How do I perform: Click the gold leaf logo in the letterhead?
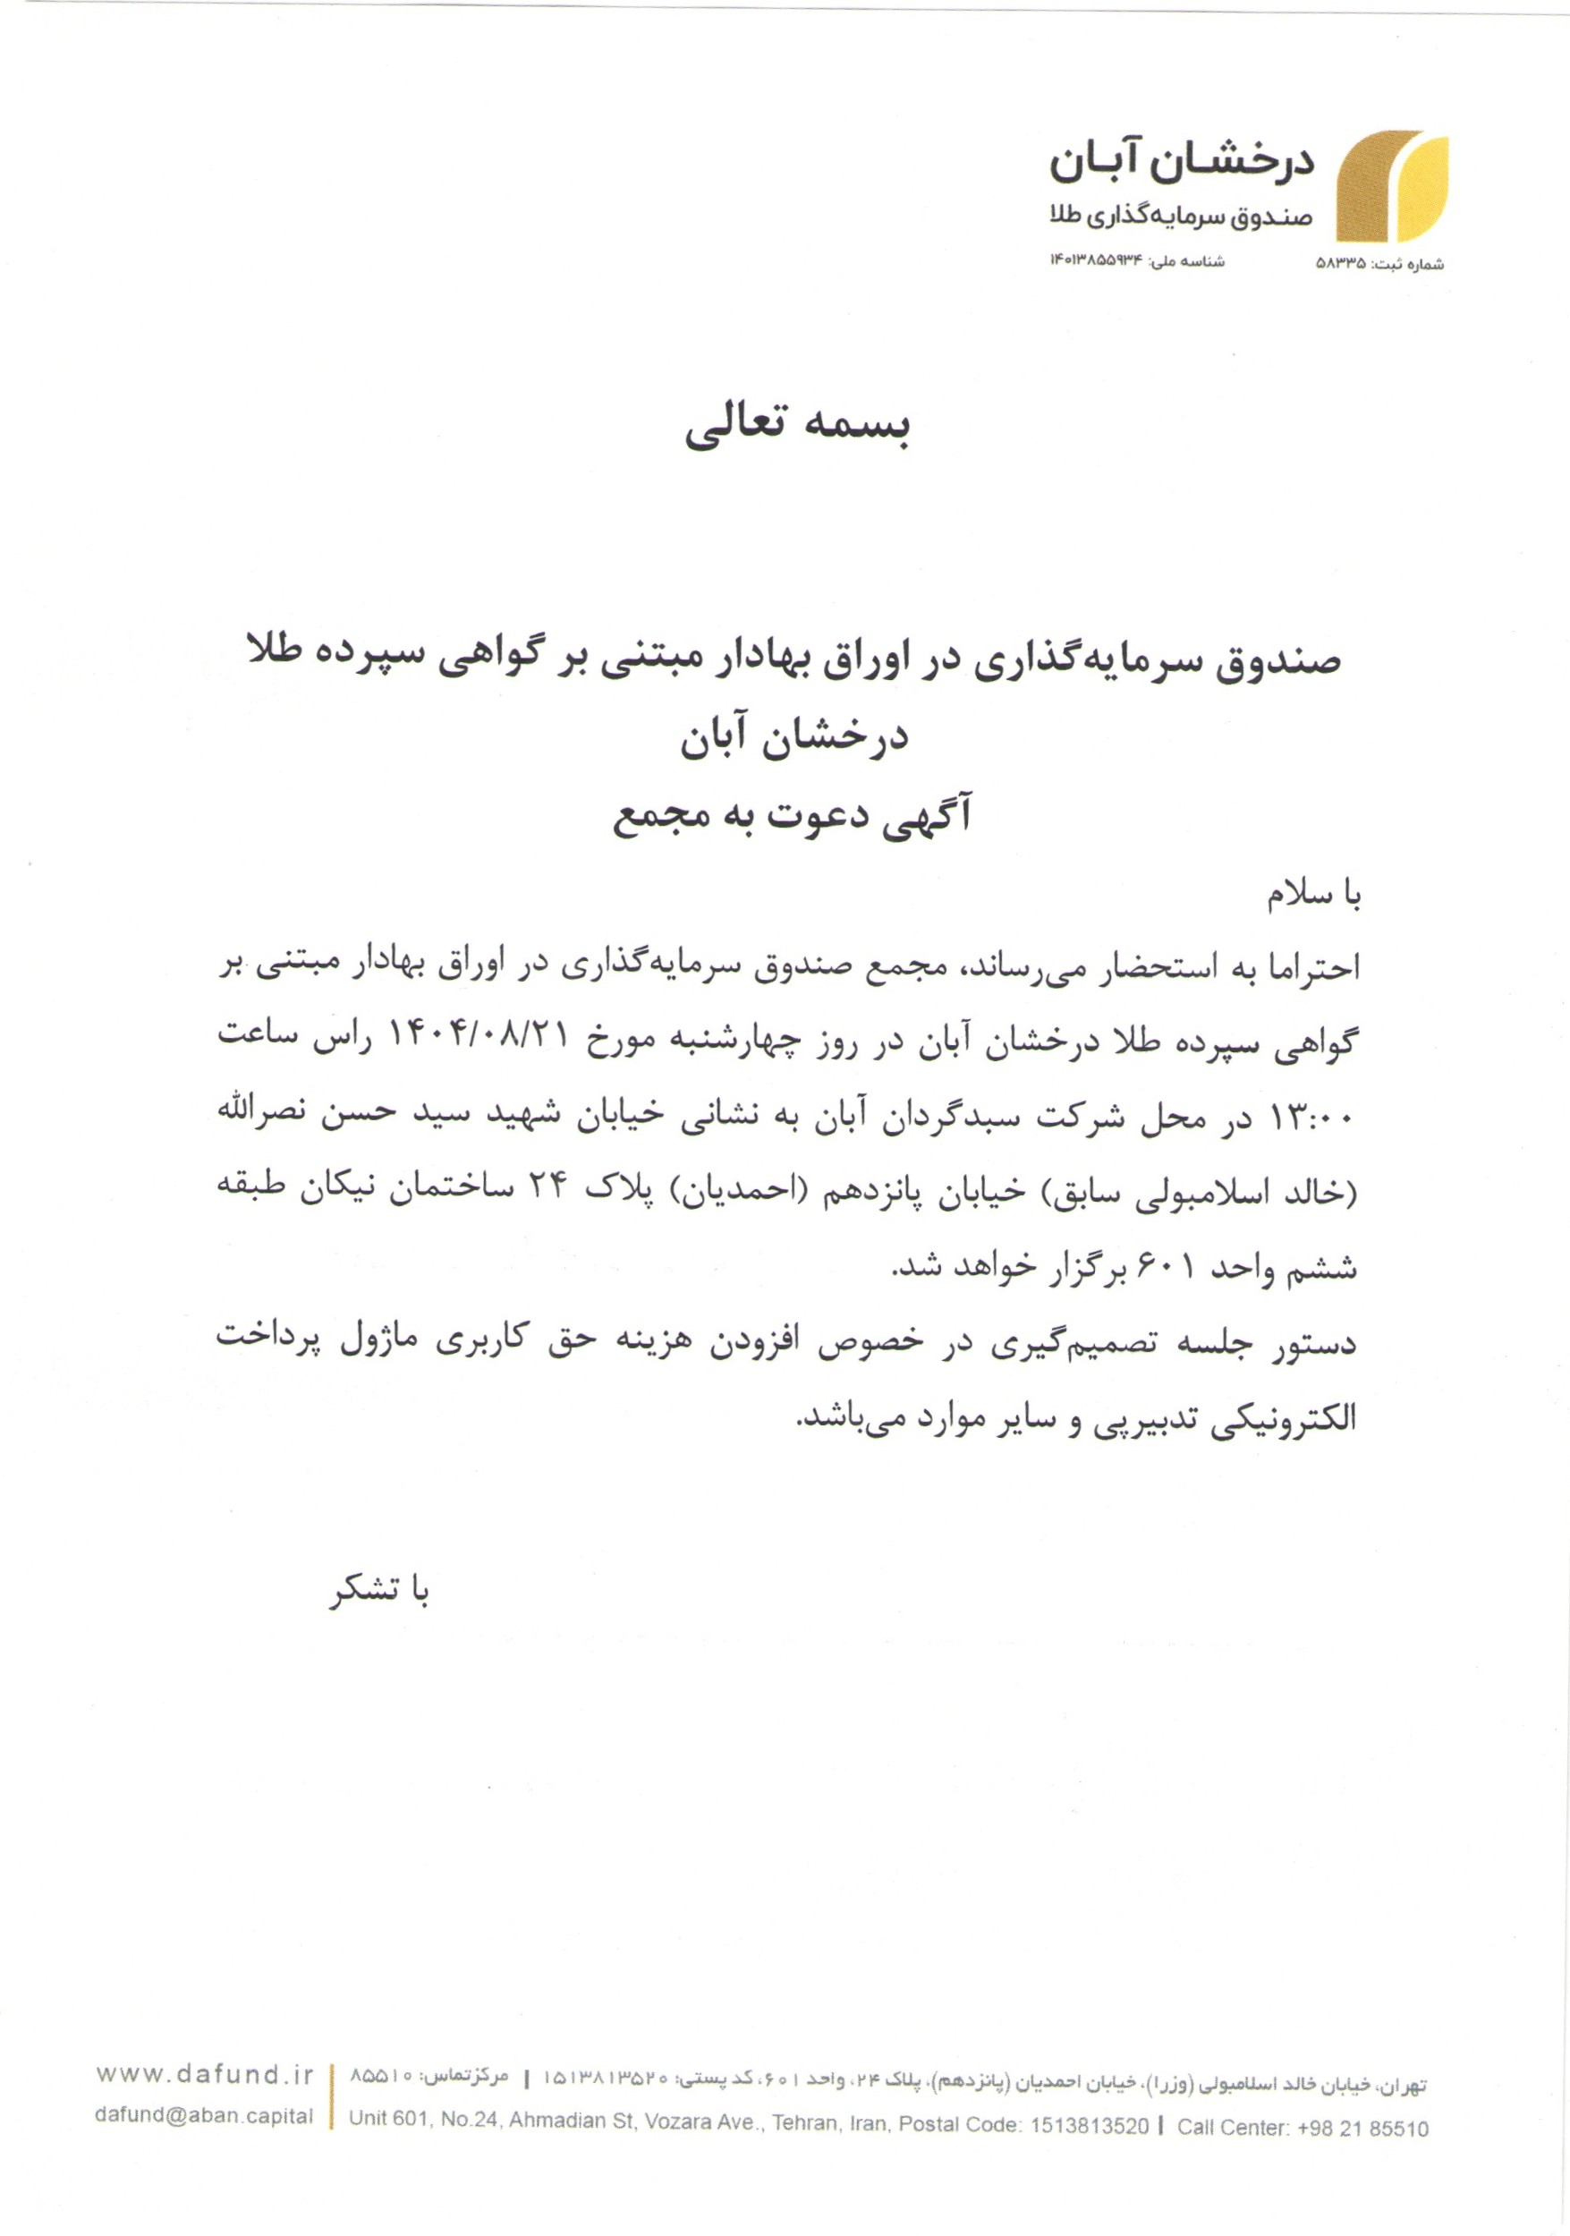point(1392,187)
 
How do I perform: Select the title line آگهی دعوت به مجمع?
point(792,816)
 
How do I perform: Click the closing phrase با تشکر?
point(379,1591)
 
